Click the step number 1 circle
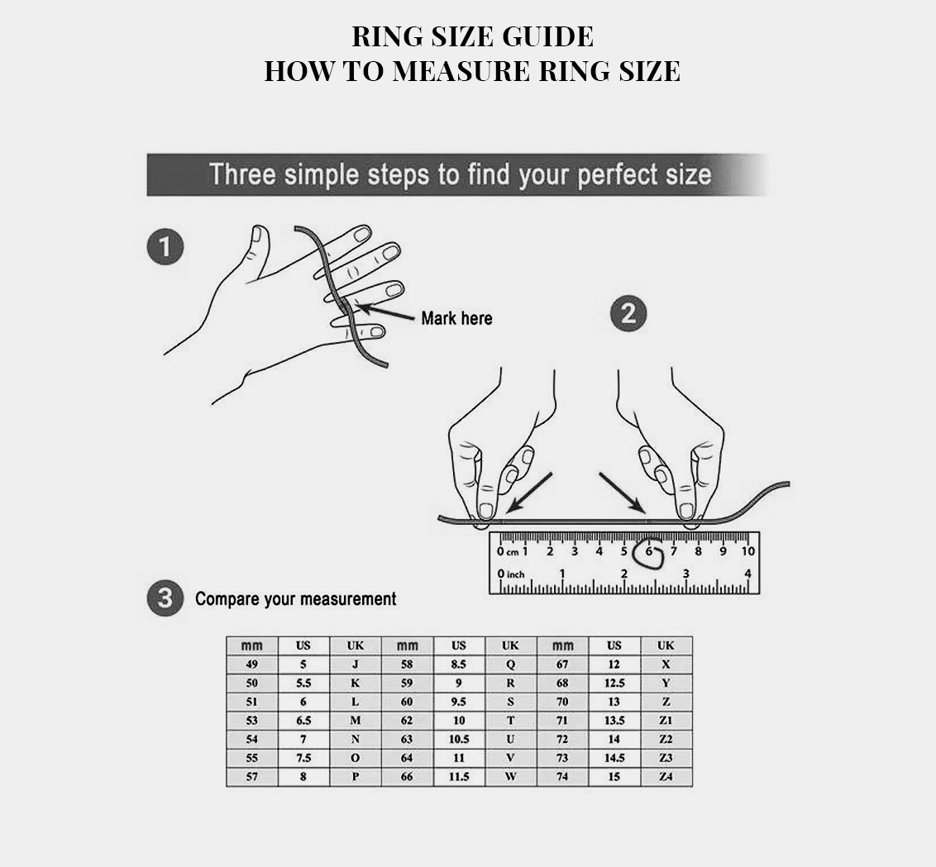[165, 247]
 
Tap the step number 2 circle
[628, 313]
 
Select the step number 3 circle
[165, 598]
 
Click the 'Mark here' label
[456, 318]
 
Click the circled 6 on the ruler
[649, 553]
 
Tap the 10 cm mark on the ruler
[748, 550]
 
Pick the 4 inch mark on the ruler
[748, 574]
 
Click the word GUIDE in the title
[547, 36]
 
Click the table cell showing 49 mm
[252, 665]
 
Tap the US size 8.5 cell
[458, 665]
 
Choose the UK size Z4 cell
[666, 776]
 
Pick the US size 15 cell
[614, 776]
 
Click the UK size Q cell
[510, 665]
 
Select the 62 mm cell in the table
[407, 720]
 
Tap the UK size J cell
[356, 665]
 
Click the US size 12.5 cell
[614, 683]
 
